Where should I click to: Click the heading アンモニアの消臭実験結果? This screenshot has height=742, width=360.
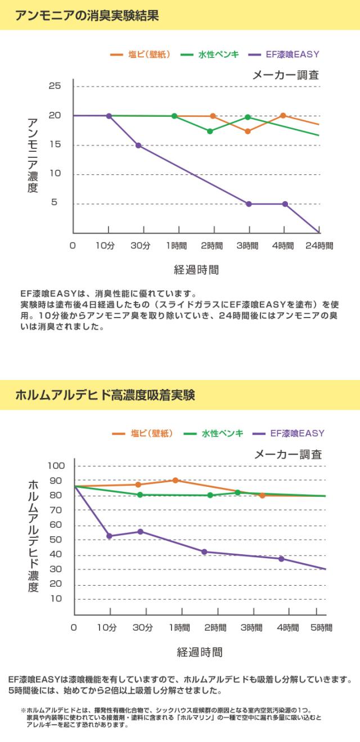pos(87,15)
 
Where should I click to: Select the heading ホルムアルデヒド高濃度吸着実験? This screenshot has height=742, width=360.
pos(105,395)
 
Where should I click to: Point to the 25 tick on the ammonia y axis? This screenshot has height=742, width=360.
pos(55,86)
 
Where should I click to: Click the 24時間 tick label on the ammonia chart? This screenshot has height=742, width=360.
pos(319,246)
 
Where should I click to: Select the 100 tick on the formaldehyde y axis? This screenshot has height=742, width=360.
pos(57,465)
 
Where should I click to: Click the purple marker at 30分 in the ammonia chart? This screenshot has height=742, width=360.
pos(138,146)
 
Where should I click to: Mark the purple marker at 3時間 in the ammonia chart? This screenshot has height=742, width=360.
pos(249,204)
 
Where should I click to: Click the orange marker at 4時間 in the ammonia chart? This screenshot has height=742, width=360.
pos(283,116)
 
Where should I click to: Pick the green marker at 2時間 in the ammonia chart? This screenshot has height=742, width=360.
pos(210,131)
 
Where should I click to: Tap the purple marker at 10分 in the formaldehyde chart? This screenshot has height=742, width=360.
pos(109,536)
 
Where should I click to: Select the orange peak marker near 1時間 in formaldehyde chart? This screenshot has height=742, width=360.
pos(175,480)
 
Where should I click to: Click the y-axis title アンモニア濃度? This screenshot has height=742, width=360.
pos(32,156)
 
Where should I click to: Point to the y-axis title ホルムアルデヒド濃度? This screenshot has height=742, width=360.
pos(33,536)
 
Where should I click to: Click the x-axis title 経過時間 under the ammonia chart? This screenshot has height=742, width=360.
pos(196,270)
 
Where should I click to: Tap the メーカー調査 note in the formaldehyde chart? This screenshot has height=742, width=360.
pos(288,454)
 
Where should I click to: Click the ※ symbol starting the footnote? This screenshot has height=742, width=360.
pos(23,711)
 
